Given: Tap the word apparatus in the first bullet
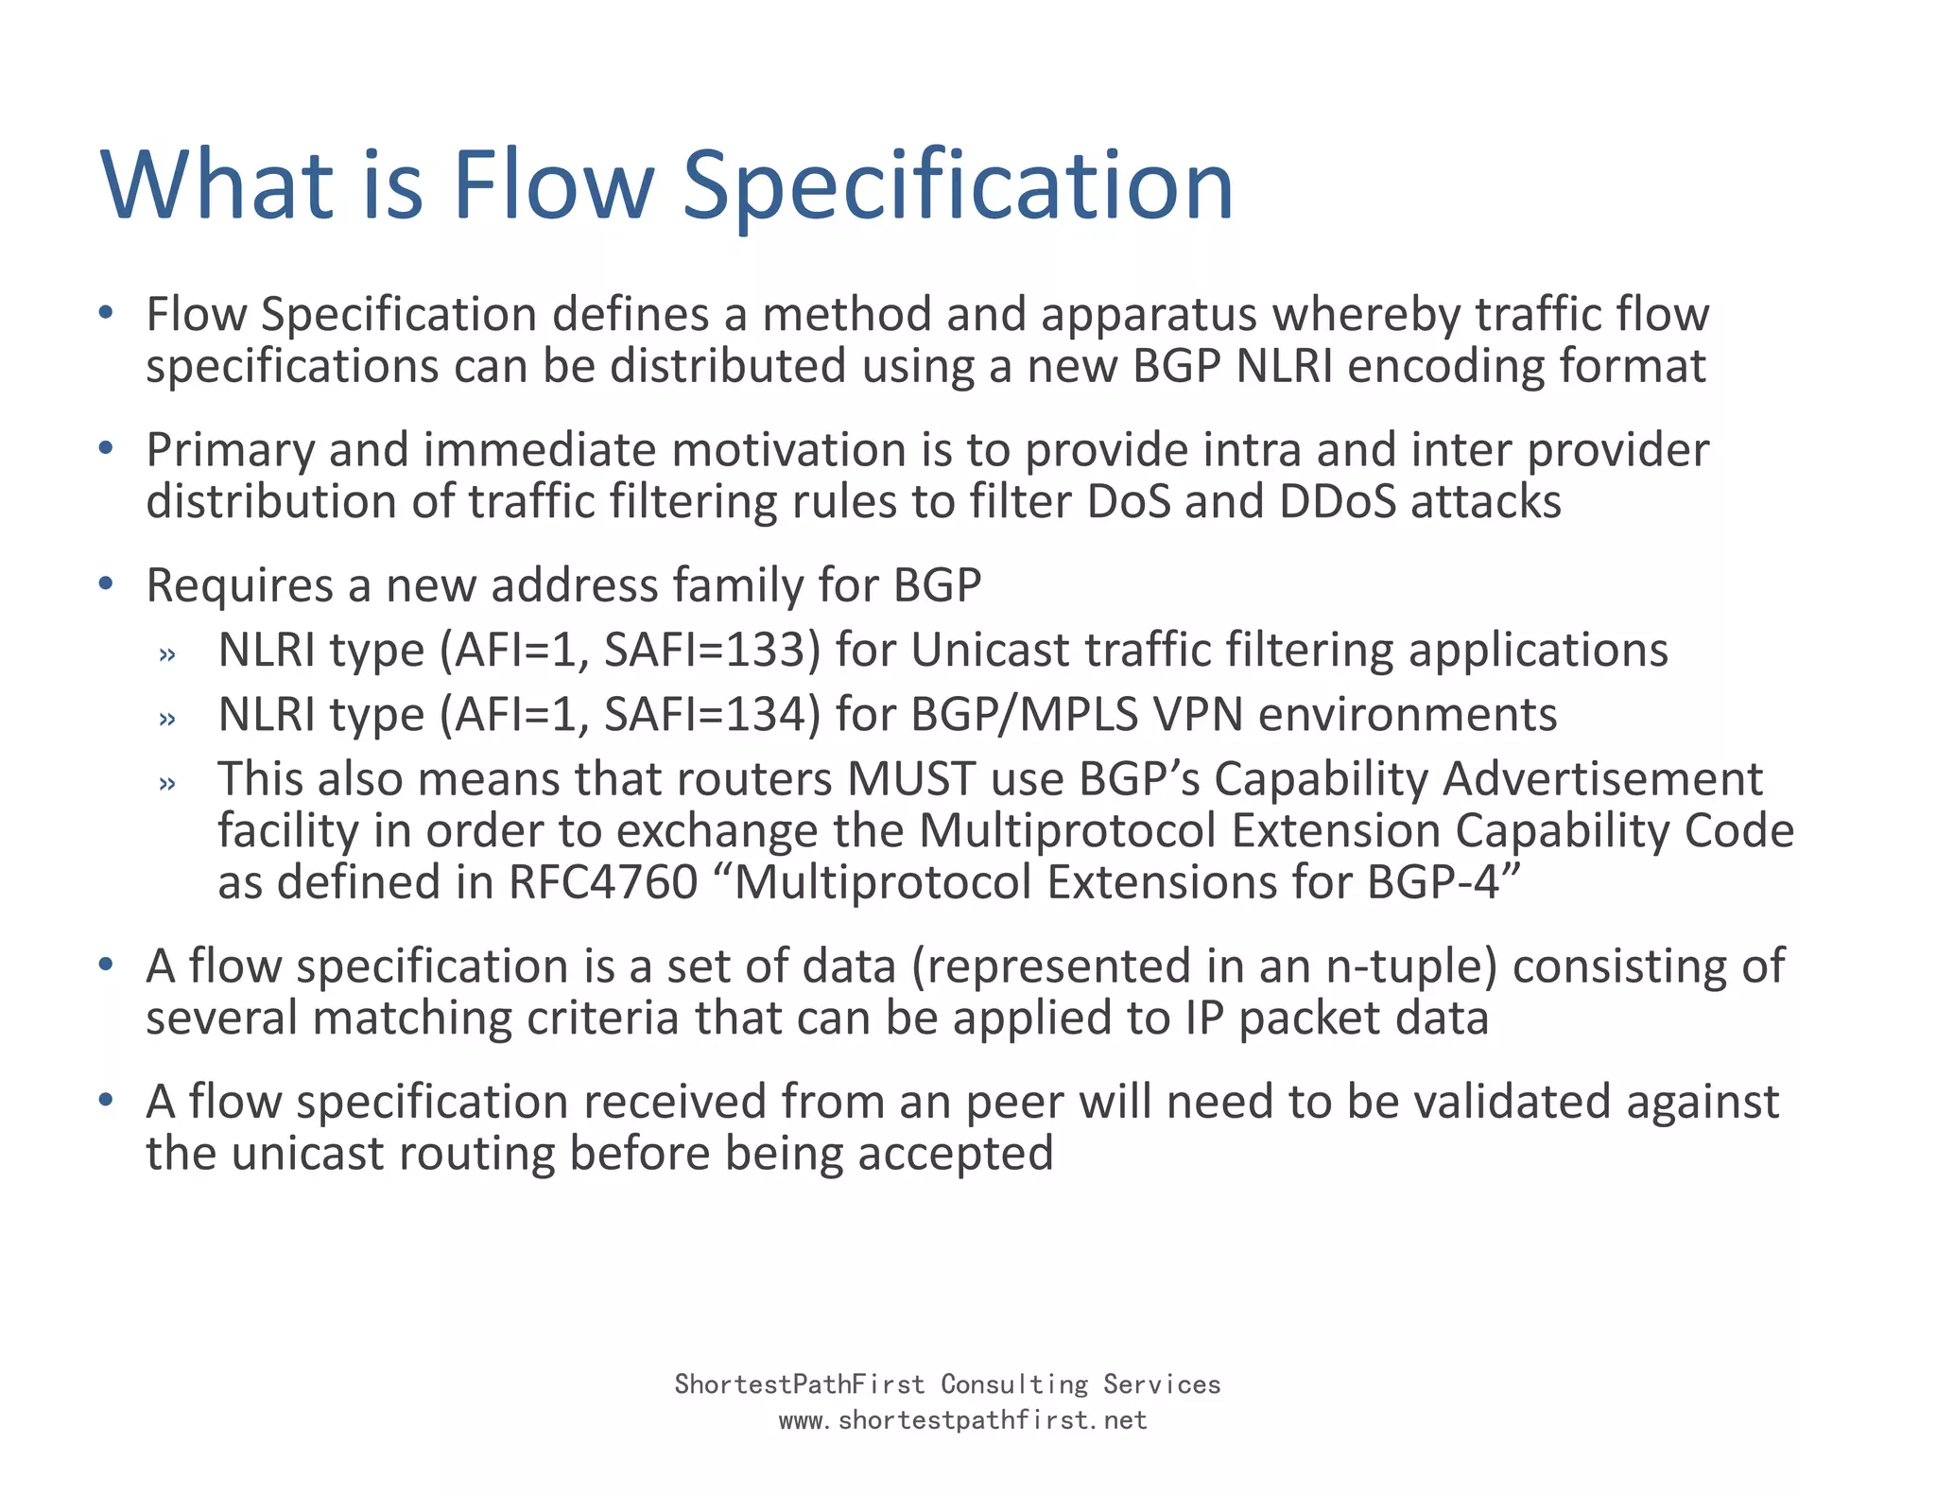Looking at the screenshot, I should [x=1149, y=315].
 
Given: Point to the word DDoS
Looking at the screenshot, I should [x=1337, y=501].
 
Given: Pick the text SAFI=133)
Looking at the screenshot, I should [x=712, y=651].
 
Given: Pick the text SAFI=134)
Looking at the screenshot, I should [x=712, y=715].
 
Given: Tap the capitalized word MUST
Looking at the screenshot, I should [x=910, y=779].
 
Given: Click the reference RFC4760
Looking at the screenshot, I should [x=603, y=882].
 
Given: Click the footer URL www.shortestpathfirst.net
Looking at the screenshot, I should [x=962, y=1420].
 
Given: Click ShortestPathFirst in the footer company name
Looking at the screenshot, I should [x=799, y=1384].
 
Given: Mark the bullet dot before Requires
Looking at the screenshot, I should [x=106, y=583].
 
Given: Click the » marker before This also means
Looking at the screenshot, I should [x=167, y=783].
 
